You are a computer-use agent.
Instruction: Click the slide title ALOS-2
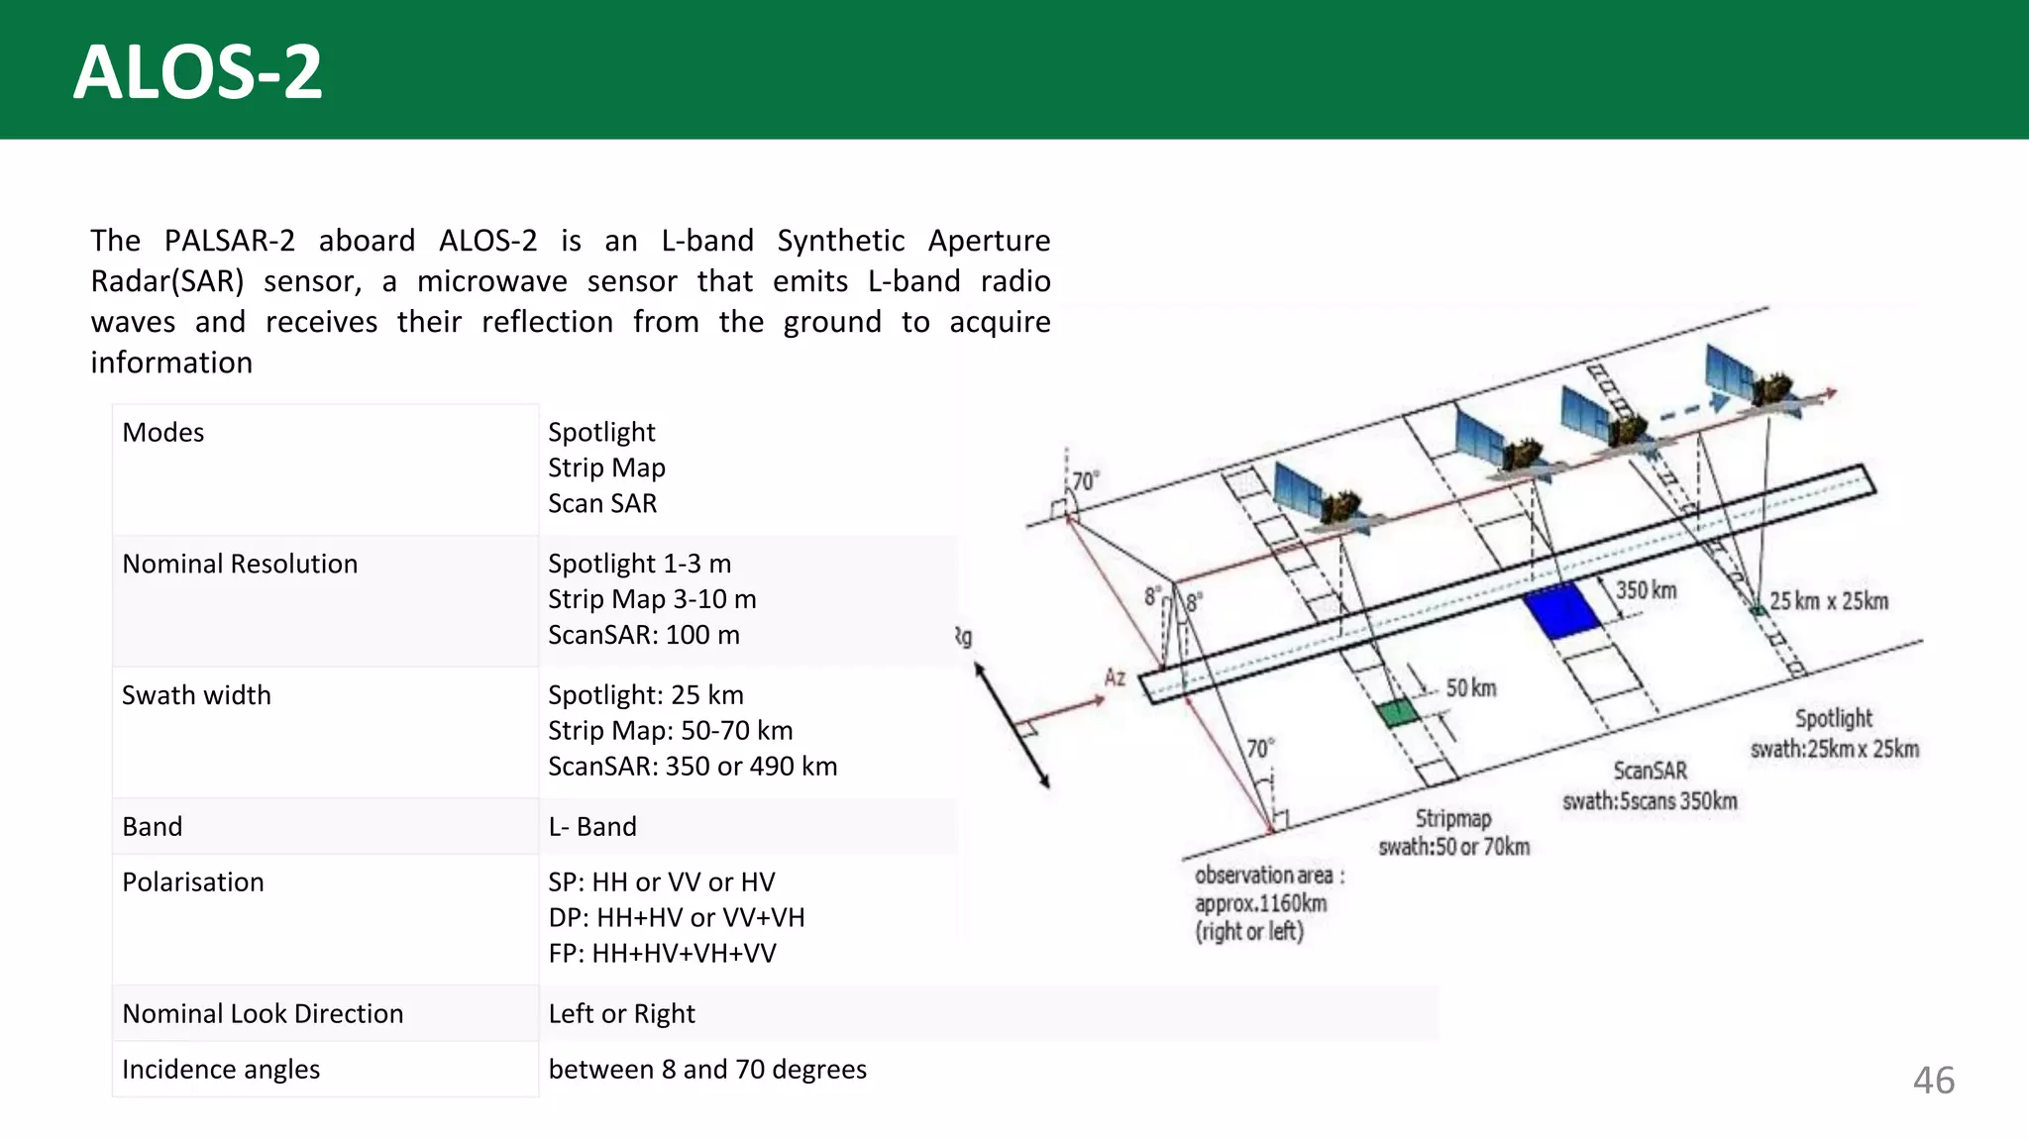pyautogui.click(x=198, y=72)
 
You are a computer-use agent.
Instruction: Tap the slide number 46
pyautogui.click(x=1933, y=1080)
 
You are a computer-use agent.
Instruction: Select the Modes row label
pyautogui.click(x=163, y=433)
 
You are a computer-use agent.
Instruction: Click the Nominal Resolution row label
pyautogui.click(x=240, y=565)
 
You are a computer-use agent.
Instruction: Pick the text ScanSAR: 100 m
pyautogui.click(x=644, y=635)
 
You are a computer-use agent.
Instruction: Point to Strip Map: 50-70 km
pyautogui.click(x=671, y=731)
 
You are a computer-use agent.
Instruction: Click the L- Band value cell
pyautogui.click(x=592, y=827)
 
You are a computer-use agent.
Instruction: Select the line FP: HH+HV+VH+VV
pyautogui.click(x=663, y=954)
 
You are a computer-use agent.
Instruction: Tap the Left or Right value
pyautogui.click(x=622, y=1014)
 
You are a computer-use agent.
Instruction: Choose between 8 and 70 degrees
pyautogui.click(x=707, y=1070)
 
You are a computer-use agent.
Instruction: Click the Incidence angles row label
pyautogui.click(x=221, y=1070)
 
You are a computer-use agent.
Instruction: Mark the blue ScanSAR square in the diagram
pyautogui.click(x=1562, y=611)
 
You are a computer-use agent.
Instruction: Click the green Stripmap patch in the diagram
pyautogui.click(x=1398, y=712)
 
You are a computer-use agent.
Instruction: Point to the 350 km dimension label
pyautogui.click(x=1646, y=590)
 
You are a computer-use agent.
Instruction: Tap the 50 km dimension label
pyautogui.click(x=1471, y=687)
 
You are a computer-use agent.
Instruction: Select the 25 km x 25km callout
pyautogui.click(x=1829, y=601)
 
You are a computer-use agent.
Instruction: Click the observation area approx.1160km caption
pyautogui.click(x=1261, y=902)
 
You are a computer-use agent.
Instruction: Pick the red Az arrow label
pyautogui.click(x=1115, y=677)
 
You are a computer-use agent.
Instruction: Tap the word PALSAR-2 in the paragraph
pyautogui.click(x=230, y=241)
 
